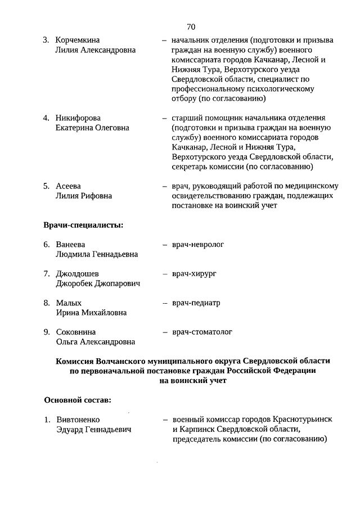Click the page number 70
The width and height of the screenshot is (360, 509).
190,27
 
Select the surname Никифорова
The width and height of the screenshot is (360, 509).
78,118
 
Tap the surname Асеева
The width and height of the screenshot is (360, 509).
69,186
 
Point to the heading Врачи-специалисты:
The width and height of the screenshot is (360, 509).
83,226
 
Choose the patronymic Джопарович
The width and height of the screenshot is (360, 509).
116,283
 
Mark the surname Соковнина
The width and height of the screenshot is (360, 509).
76,332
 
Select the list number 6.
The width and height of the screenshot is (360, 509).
47,245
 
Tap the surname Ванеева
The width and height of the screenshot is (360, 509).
70,245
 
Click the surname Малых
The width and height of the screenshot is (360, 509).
69,303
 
